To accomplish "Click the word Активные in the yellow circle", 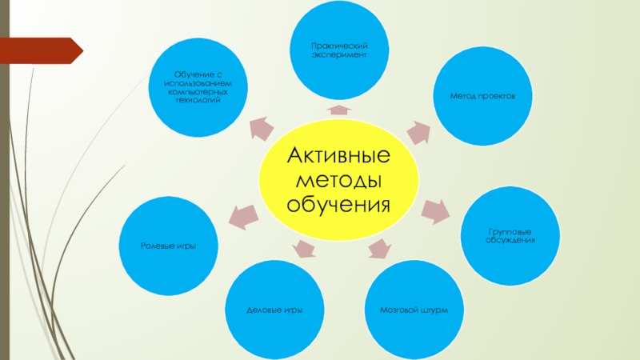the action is (338, 153).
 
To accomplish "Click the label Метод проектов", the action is (481, 95).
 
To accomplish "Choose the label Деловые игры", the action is (274, 309).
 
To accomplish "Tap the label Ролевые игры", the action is (169, 244).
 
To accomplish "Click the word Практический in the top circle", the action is (339, 48).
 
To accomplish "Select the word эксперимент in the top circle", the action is (339, 56).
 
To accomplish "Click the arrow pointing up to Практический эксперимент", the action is (339, 110).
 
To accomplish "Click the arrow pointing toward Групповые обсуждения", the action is (436, 210).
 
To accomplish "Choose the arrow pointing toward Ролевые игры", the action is (245, 214).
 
